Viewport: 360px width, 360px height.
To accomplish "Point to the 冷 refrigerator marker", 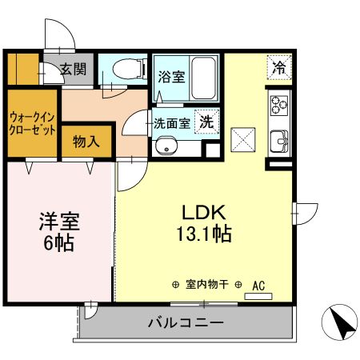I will coord(279,68).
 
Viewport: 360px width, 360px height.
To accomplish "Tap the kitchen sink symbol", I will coord(279,140).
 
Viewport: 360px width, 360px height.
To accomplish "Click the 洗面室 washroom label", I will coord(171,124).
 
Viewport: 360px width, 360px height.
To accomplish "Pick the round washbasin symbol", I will coord(166,146).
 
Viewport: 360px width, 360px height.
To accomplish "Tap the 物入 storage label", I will coord(86,142).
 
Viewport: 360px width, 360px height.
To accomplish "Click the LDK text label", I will coord(205,214).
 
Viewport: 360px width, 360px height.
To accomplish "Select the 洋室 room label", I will coord(59,220).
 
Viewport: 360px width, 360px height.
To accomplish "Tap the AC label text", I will coord(258,284).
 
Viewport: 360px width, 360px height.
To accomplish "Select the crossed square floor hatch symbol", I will coord(242,139).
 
